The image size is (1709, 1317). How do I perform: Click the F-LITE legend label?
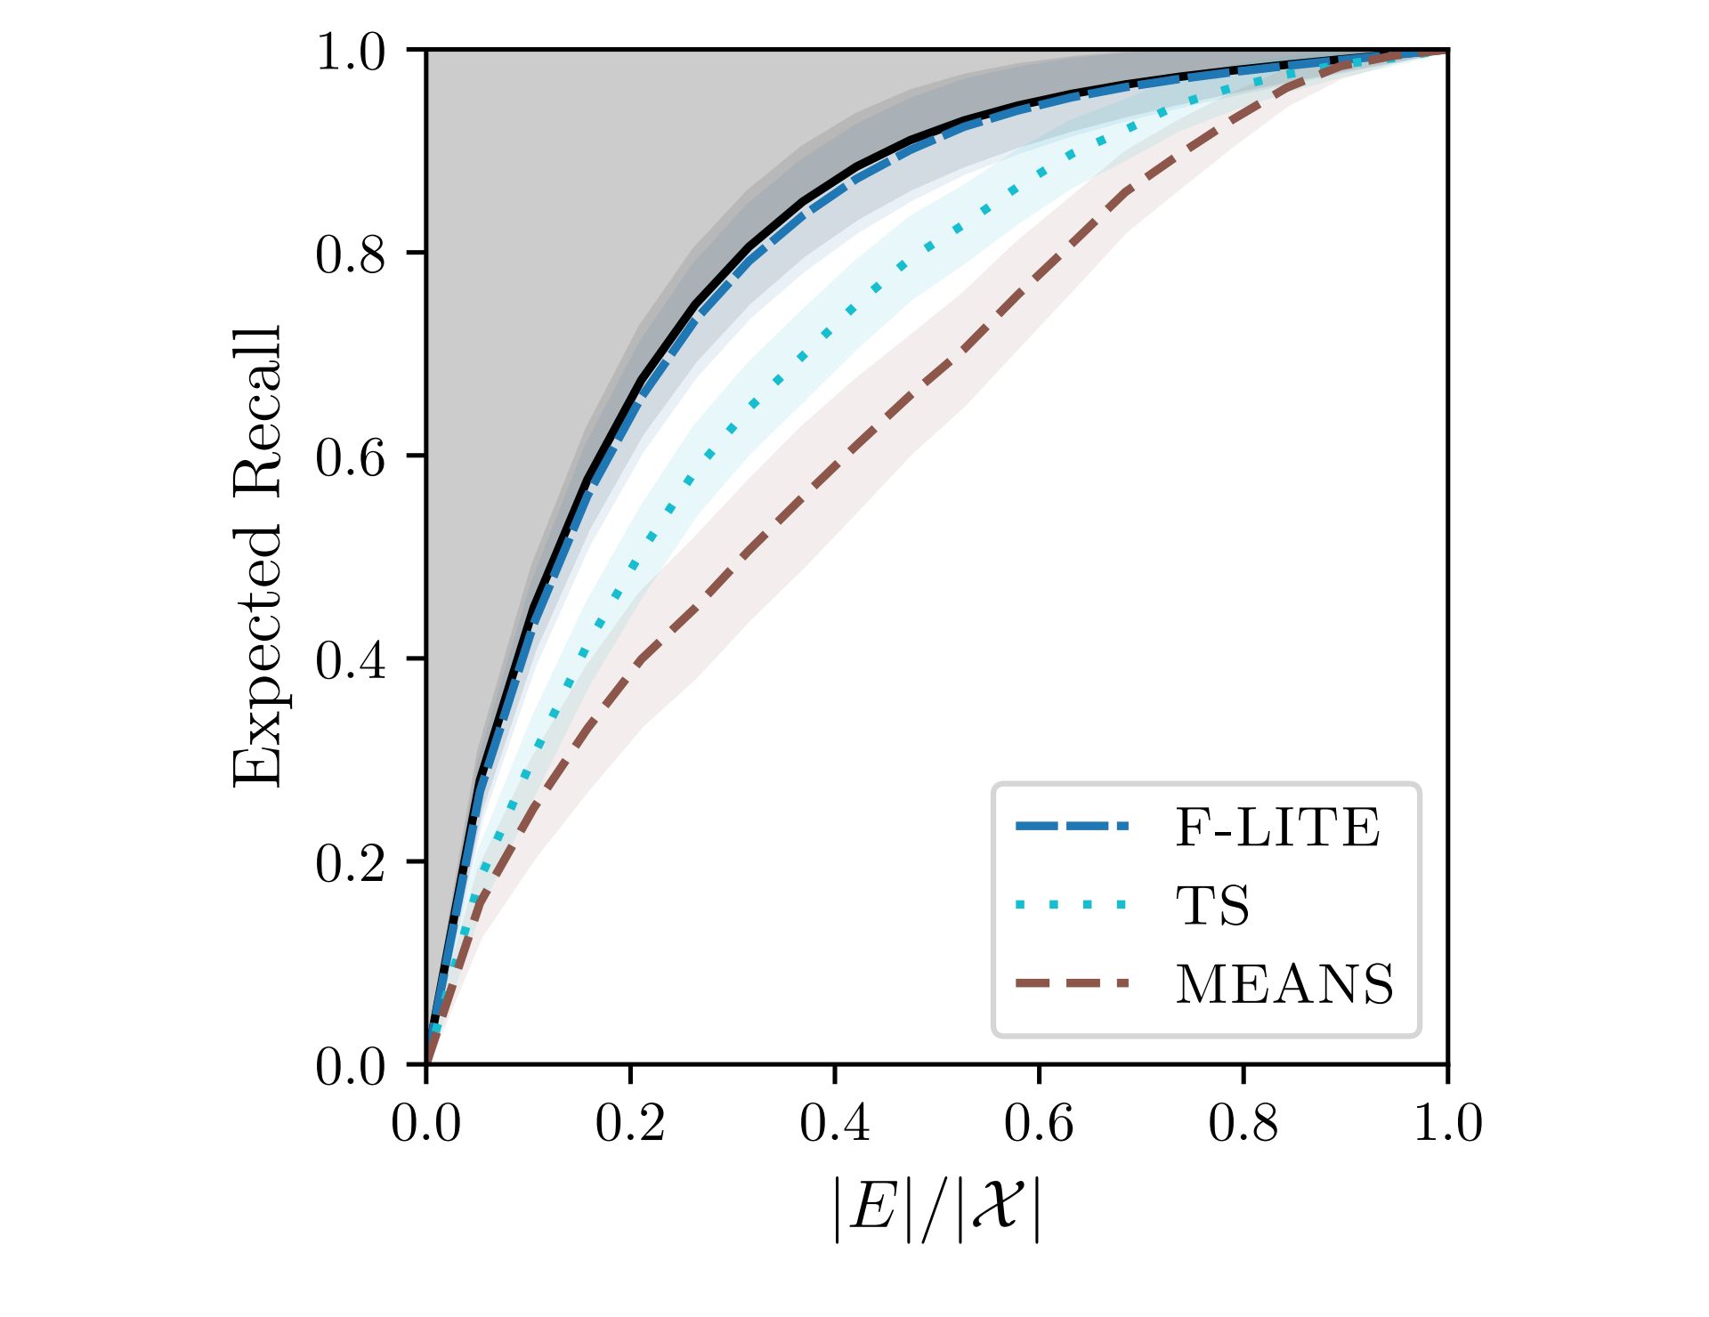pos(1277,828)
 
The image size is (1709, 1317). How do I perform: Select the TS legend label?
pos(1212,906)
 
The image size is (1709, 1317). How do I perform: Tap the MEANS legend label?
pos(1284,984)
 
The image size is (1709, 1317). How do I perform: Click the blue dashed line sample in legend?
pos(1072,827)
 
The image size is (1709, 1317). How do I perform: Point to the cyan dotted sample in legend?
pos(1072,906)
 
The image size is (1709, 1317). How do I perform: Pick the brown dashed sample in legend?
pos(1072,983)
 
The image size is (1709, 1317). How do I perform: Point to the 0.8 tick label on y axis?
pos(351,255)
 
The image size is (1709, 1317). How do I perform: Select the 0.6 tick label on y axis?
pos(351,457)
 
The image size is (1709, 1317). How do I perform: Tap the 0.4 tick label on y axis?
pos(351,660)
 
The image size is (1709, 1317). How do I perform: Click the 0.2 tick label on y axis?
pos(351,863)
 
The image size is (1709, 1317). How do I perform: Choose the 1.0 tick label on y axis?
pos(351,52)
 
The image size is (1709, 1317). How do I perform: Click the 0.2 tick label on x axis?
pos(630,1123)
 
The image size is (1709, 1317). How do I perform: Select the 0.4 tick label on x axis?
pos(835,1123)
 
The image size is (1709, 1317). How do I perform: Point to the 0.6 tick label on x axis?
pos(1039,1123)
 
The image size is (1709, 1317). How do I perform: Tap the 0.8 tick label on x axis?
pos(1243,1123)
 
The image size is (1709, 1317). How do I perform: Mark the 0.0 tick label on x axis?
pos(426,1123)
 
